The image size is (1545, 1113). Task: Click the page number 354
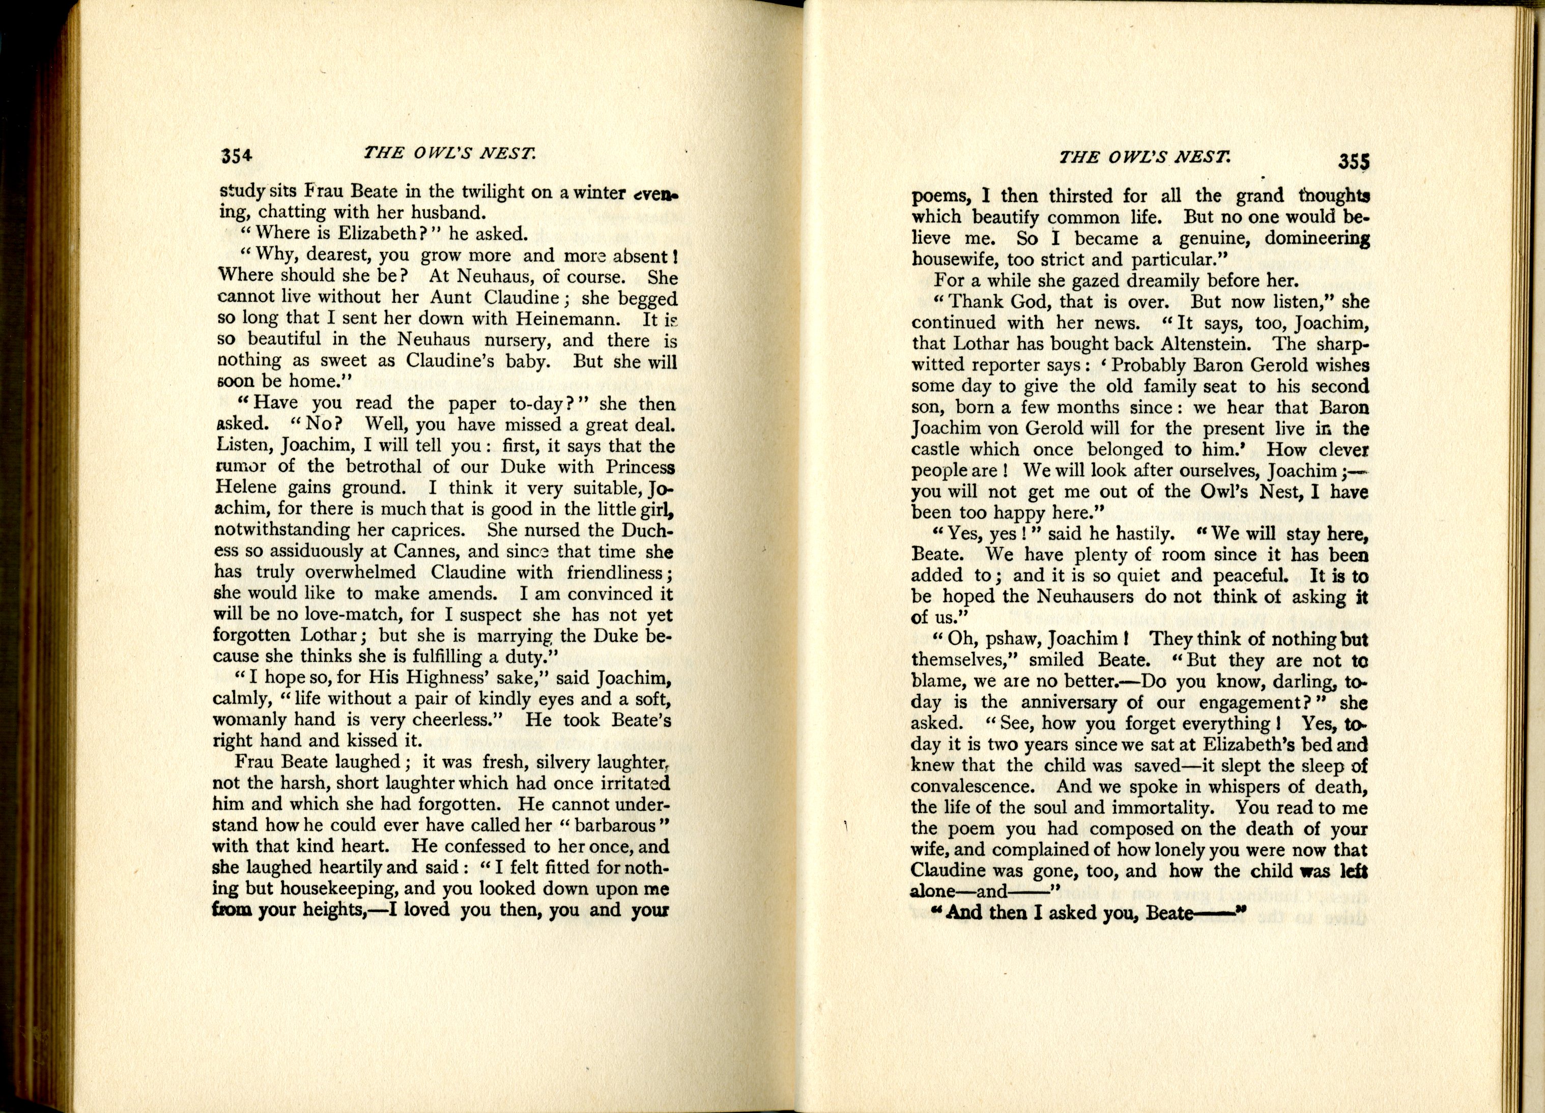click(237, 156)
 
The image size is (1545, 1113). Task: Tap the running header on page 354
click(450, 153)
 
